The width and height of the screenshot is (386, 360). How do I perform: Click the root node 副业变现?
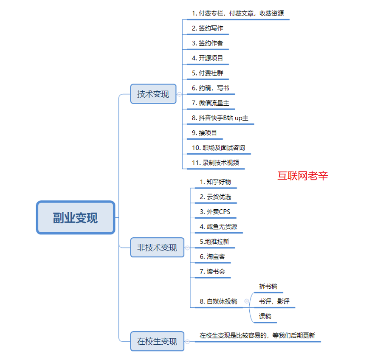tap(76, 217)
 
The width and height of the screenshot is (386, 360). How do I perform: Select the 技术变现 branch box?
tap(153, 94)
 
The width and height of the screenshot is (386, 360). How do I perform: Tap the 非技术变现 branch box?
tap(157, 247)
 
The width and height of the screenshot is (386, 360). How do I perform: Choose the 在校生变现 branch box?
tap(157, 341)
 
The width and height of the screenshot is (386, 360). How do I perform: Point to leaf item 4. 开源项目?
tap(208, 58)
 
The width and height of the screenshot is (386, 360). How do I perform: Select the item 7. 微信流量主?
tap(211, 102)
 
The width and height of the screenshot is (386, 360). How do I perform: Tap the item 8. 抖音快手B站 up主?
tap(220, 118)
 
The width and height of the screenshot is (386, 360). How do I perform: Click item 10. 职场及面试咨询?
tap(218, 148)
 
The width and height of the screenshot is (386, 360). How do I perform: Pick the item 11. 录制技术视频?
tap(216, 163)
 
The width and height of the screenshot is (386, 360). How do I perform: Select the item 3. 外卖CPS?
tap(215, 212)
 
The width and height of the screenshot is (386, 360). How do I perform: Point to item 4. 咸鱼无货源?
tap(219, 227)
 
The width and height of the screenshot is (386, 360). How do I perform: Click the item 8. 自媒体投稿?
tap(219, 301)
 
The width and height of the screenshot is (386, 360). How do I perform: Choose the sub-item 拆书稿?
tap(268, 287)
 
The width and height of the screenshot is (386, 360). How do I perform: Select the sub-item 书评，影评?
tap(274, 301)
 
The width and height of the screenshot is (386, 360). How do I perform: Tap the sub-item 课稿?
tap(265, 316)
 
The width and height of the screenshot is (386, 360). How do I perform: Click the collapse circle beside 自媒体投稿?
tap(246, 301)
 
